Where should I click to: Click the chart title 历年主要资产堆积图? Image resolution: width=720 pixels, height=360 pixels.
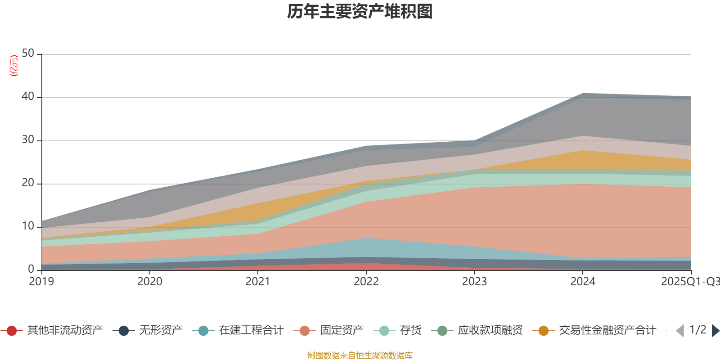[360, 12]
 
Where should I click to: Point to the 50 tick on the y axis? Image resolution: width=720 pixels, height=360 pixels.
[28, 53]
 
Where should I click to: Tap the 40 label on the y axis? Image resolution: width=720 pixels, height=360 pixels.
[28, 96]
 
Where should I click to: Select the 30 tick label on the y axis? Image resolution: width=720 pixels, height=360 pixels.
[28, 139]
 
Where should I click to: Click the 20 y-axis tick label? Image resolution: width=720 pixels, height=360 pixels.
[28, 183]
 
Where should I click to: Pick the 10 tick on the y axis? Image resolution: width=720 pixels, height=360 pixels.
[28, 226]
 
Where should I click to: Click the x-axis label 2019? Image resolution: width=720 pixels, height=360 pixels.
[41, 282]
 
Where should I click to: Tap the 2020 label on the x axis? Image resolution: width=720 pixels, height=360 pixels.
[150, 282]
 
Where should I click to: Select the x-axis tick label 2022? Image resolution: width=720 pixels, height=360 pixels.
[366, 282]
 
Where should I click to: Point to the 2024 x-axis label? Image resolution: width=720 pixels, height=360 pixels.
[583, 282]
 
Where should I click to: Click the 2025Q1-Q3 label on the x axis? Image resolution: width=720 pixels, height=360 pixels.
[689, 282]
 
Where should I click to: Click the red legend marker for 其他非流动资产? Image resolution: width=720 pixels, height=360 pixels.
[12, 331]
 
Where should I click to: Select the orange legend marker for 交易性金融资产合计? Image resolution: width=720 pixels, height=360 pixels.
[544, 331]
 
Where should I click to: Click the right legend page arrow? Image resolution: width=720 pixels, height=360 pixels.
[715, 331]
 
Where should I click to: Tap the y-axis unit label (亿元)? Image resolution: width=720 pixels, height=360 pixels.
[14, 66]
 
